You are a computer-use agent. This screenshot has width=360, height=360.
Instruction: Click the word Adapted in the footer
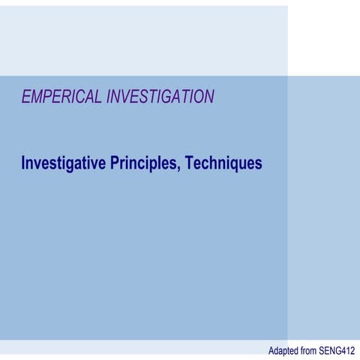tap(284, 350)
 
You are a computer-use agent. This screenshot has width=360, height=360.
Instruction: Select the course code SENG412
tap(339, 350)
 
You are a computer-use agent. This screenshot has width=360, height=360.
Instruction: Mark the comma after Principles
tap(177, 167)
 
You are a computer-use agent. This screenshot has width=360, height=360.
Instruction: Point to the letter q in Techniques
tap(231, 164)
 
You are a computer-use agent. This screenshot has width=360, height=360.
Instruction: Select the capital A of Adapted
tap(271, 350)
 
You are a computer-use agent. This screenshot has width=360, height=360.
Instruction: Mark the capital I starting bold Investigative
tap(23, 162)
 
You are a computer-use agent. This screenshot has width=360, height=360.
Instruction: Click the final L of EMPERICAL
tap(100, 96)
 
